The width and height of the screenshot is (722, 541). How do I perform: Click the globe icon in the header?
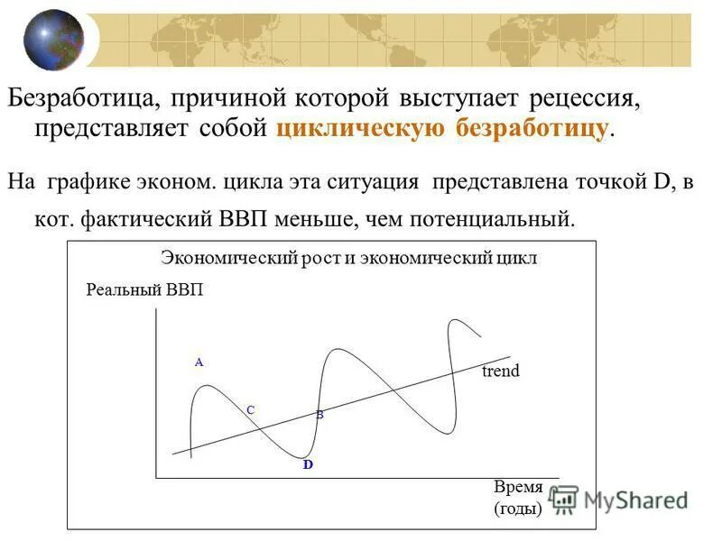(x=53, y=39)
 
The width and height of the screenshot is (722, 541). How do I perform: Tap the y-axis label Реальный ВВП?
(x=144, y=289)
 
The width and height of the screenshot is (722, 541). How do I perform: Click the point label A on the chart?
(x=199, y=362)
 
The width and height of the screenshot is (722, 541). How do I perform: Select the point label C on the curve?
(x=251, y=409)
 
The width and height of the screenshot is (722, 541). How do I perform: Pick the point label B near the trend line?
(x=319, y=415)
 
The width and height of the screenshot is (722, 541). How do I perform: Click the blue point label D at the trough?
(x=308, y=464)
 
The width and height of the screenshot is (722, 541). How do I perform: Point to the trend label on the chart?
(x=501, y=371)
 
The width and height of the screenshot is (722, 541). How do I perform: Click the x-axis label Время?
(x=518, y=488)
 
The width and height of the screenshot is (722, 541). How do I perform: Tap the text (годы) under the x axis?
(x=518, y=509)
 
